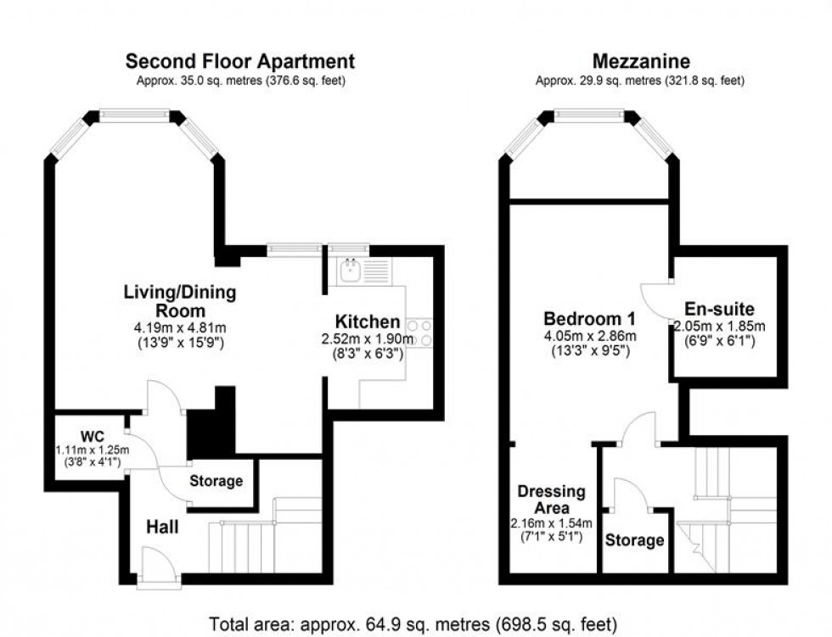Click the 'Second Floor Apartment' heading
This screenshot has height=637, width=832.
click(240, 61)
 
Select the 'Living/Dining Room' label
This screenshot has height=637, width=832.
click(180, 301)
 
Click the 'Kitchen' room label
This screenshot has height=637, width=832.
click(367, 321)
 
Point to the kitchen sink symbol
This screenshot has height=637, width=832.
click(349, 271)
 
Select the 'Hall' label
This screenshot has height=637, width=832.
click(161, 528)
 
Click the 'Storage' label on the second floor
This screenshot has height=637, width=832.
click(216, 481)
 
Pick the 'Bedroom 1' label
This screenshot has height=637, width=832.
click(589, 319)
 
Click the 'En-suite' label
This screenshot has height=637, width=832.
click(721, 309)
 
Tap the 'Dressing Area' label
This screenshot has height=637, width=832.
click(552, 500)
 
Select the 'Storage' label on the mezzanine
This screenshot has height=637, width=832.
click(634, 540)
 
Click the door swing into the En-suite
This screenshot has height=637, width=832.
click(656, 296)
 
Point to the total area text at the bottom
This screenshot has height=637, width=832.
click(413, 624)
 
